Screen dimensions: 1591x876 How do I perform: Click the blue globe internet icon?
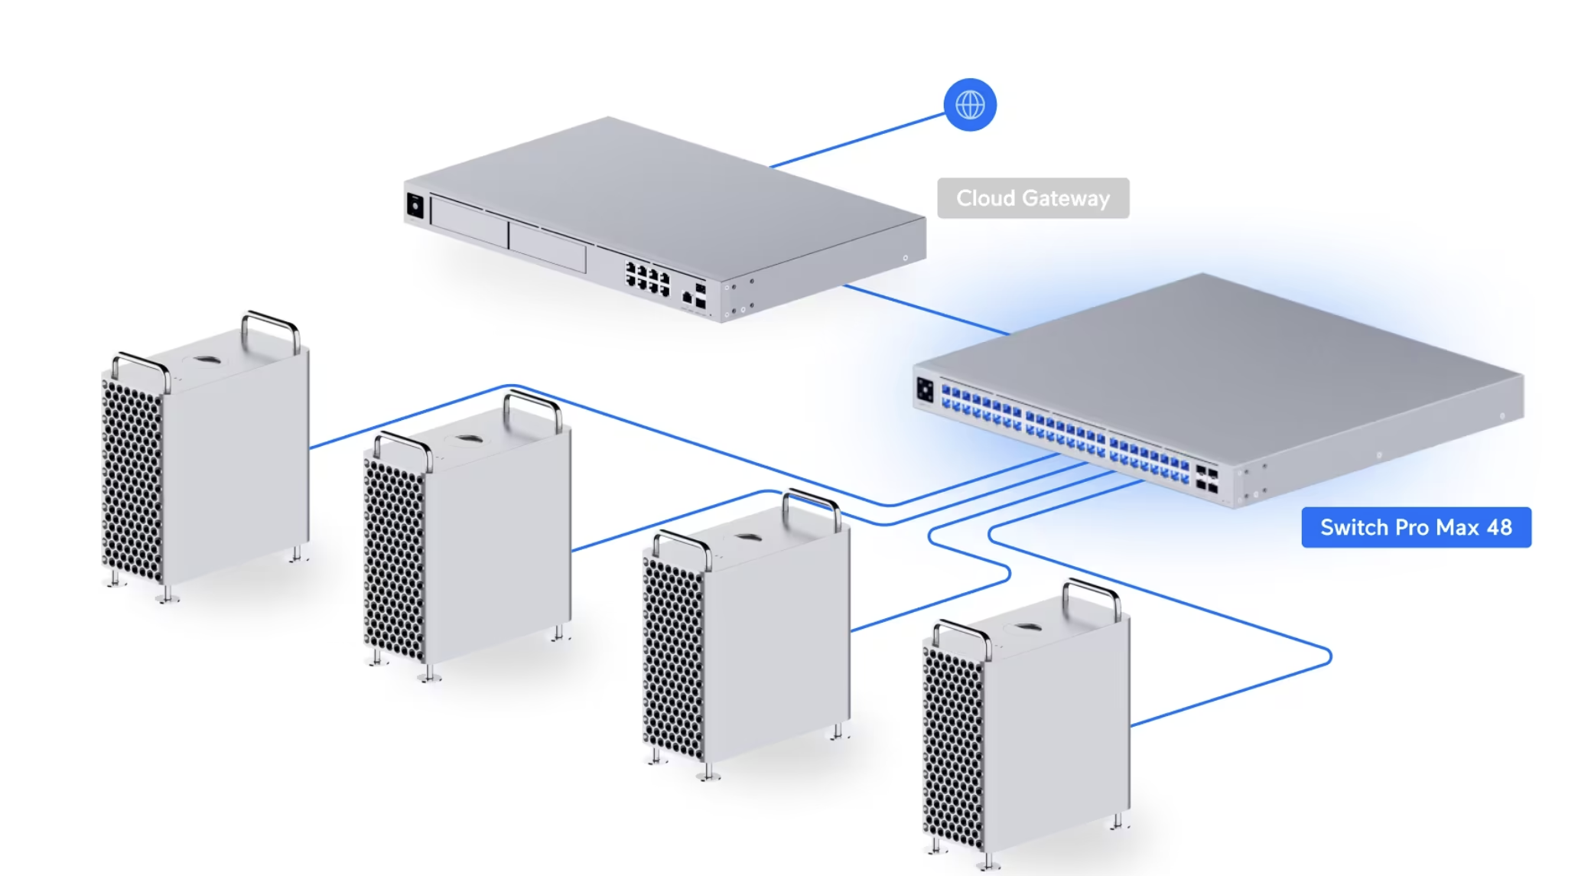pyautogui.click(x=970, y=105)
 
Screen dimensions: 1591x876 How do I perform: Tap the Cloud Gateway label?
pyautogui.click(x=1033, y=198)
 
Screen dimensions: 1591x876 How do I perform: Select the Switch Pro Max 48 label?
pyautogui.click(x=1417, y=527)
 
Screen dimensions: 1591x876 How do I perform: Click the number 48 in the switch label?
pyautogui.click(x=1499, y=527)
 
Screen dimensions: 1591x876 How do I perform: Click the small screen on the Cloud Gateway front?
pyautogui.click(x=415, y=206)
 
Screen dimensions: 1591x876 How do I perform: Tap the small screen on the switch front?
pyautogui.click(x=925, y=390)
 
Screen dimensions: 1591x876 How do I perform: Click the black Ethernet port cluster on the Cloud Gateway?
pyautogui.click(x=647, y=278)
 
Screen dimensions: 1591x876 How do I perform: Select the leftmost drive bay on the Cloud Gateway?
pyautogui.click(x=469, y=221)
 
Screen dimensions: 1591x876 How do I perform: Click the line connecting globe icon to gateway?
pyautogui.click(x=857, y=140)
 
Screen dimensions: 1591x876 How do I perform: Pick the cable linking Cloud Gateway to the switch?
pyautogui.click(x=926, y=310)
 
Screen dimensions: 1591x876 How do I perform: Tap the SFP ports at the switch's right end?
pyautogui.click(x=1207, y=479)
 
